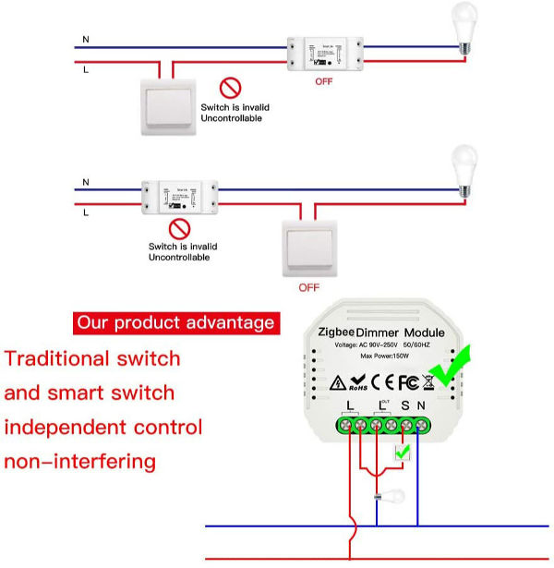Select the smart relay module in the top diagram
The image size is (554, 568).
coord(322,54)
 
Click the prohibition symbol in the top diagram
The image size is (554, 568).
coord(229,89)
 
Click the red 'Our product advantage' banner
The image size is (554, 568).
coord(175,322)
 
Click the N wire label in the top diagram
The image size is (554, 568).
coord(86,39)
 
